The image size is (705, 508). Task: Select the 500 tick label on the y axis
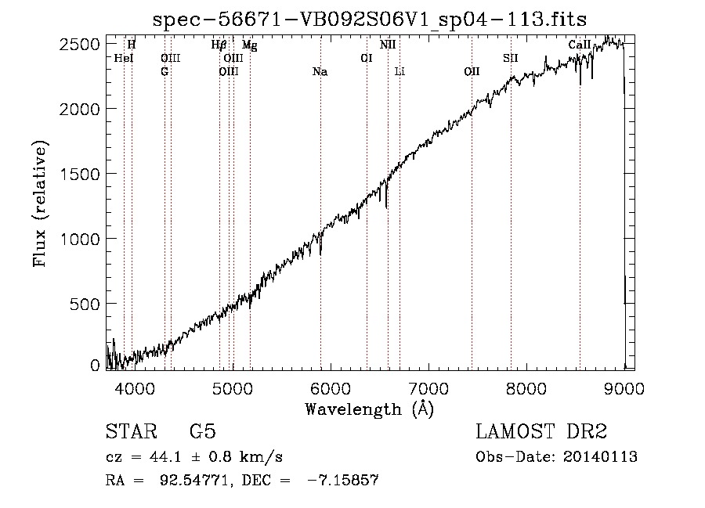(89, 304)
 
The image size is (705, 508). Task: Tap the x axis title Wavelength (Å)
(369, 409)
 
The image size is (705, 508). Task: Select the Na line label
(320, 72)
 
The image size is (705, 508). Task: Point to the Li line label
(399, 72)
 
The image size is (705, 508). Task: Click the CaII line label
(579, 45)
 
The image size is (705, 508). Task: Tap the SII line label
(511, 58)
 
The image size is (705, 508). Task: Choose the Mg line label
(249, 45)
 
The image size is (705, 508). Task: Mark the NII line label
(388, 45)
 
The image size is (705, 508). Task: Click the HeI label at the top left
(124, 58)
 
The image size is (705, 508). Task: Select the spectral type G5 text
(203, 432)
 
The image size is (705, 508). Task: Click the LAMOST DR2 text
(541, 432)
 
